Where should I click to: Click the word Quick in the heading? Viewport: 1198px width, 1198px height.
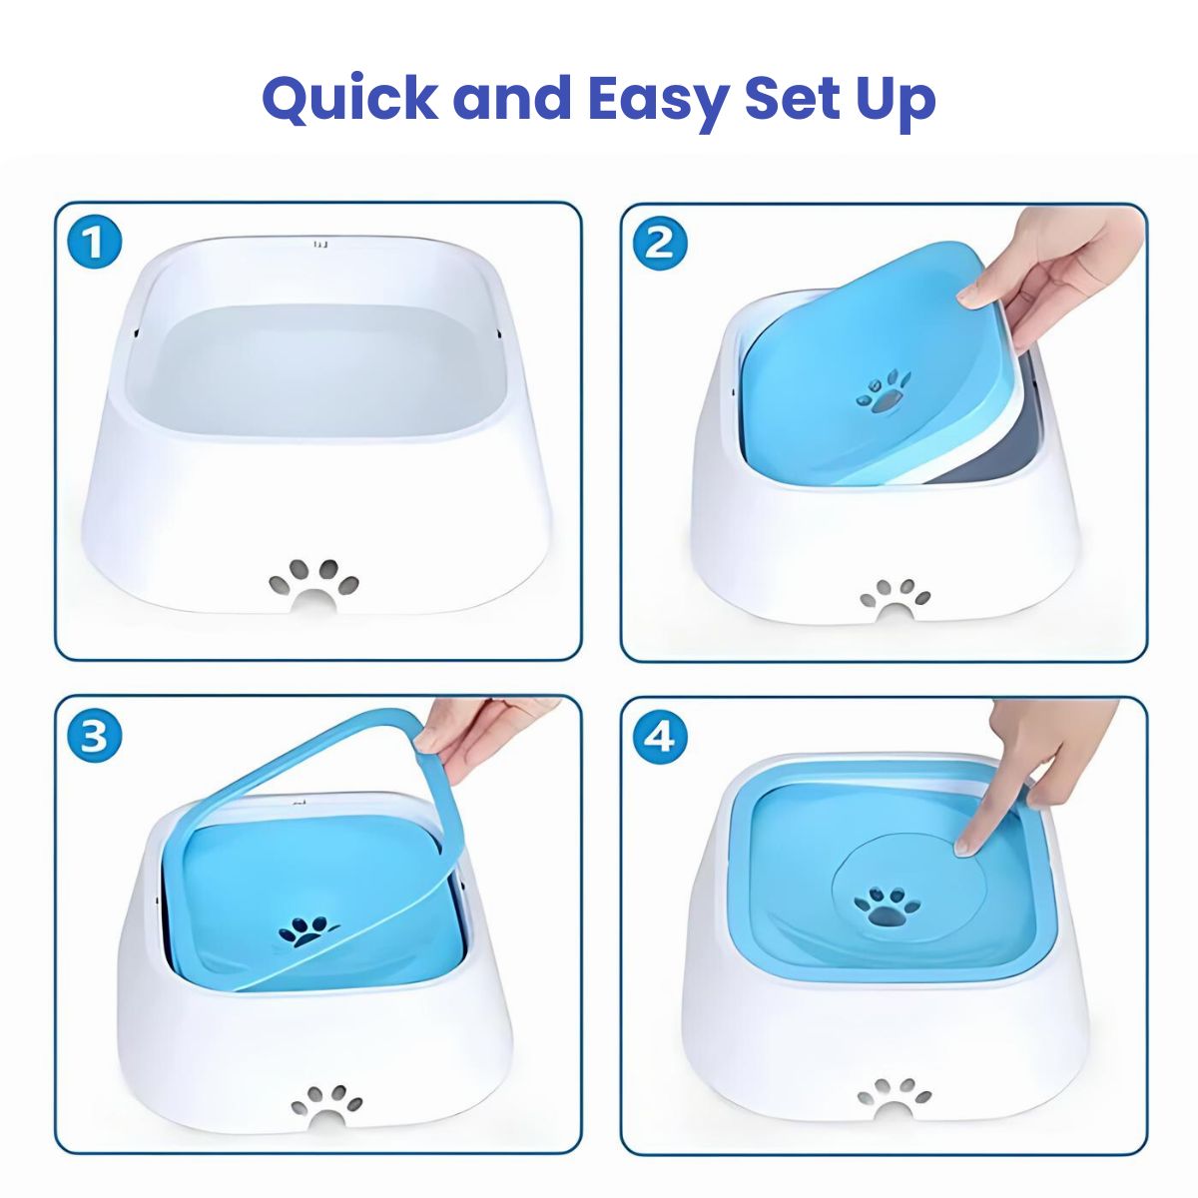(350, 101)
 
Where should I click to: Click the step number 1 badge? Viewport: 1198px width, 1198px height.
(93, 243)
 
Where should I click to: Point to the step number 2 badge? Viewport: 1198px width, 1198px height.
(660, 243)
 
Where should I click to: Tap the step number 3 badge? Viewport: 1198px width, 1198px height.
(93, 738)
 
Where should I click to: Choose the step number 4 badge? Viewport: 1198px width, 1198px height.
(660, 738)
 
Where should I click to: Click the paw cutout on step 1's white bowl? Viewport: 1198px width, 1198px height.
(314, 584)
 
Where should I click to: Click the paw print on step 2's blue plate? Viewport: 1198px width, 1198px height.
(883, 393)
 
